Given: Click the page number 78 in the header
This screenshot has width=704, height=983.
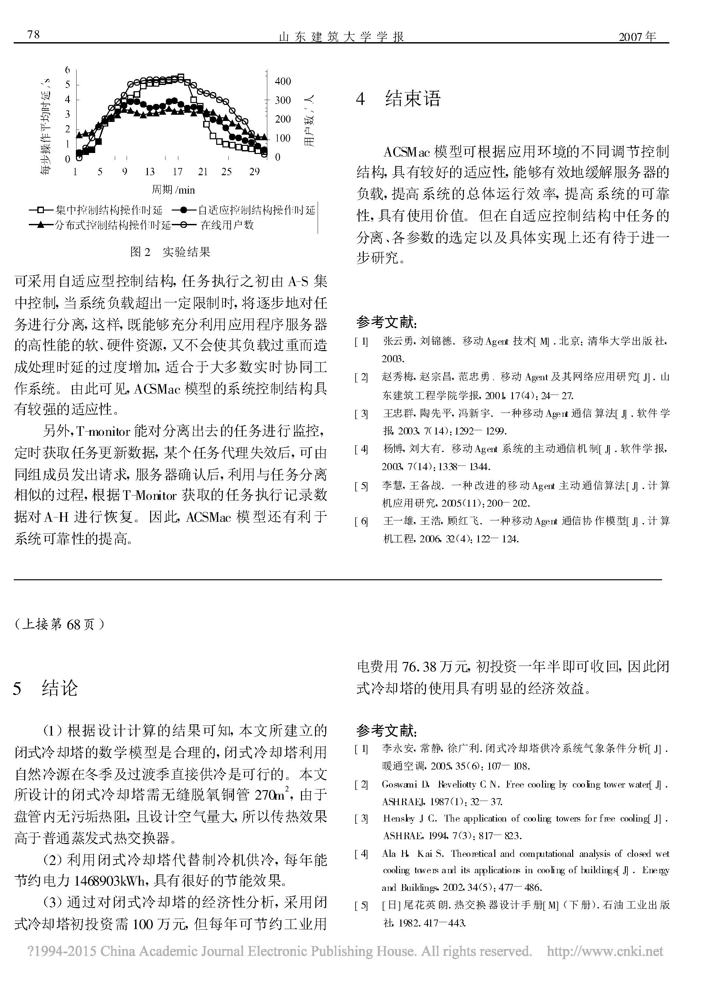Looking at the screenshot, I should coord(33,35).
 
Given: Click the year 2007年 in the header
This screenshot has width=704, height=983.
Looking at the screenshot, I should coord(637,36).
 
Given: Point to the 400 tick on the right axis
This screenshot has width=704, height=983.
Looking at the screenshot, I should coord(283,81).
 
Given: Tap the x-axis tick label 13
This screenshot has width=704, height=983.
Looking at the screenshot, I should coord(150,172).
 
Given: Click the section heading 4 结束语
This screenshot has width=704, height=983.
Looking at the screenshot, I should coord(398,99).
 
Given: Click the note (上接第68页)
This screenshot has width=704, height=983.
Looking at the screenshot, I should coord(59,624).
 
